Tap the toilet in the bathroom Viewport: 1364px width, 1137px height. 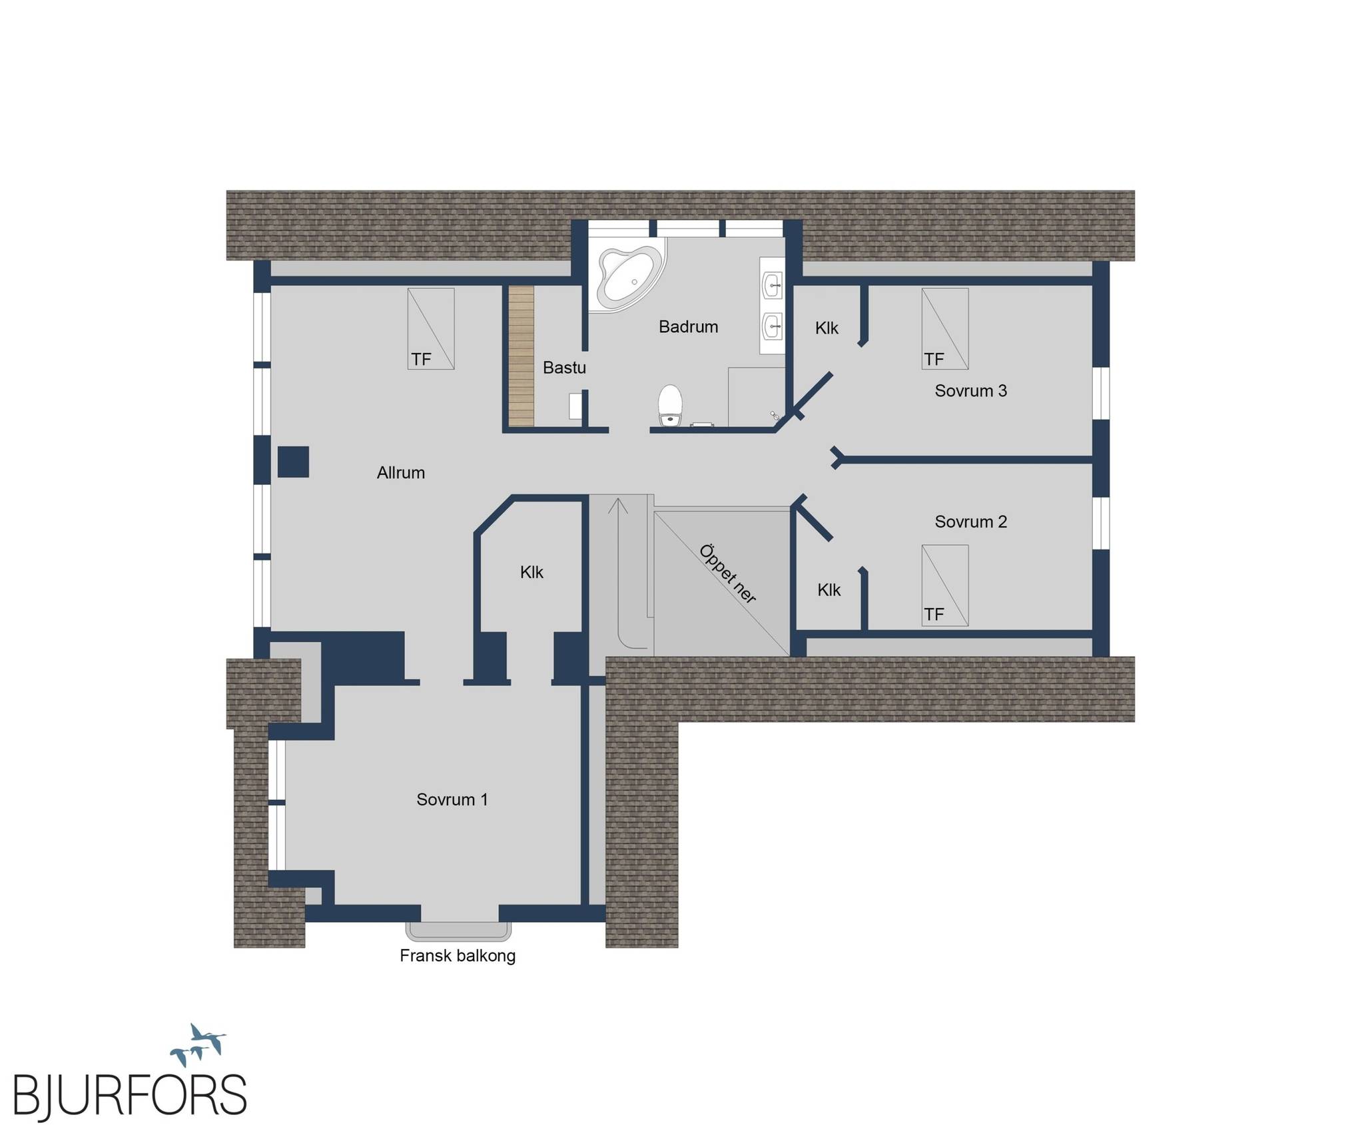point(670,405)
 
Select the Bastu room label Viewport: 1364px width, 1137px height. point(564,368)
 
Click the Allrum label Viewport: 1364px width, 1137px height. point(400,473)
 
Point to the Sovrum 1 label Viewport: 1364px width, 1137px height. point(452,799)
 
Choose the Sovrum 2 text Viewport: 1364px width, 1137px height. point(970,522)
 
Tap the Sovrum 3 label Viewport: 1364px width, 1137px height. point(970,391)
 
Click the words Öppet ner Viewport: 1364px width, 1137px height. point(727,574)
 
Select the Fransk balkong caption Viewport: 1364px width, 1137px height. point(458,956)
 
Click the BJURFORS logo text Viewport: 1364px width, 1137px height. point(130,1095)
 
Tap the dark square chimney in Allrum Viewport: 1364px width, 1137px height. point(293,462)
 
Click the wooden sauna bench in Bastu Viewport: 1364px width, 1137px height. point(522,356)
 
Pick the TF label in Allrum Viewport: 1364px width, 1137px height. point(421,360)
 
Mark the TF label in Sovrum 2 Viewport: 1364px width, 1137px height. point(934,614)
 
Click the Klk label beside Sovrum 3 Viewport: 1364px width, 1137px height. point(827,328)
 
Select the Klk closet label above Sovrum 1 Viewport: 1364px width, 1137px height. point(531,572)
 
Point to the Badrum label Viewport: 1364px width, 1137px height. point(688,327)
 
